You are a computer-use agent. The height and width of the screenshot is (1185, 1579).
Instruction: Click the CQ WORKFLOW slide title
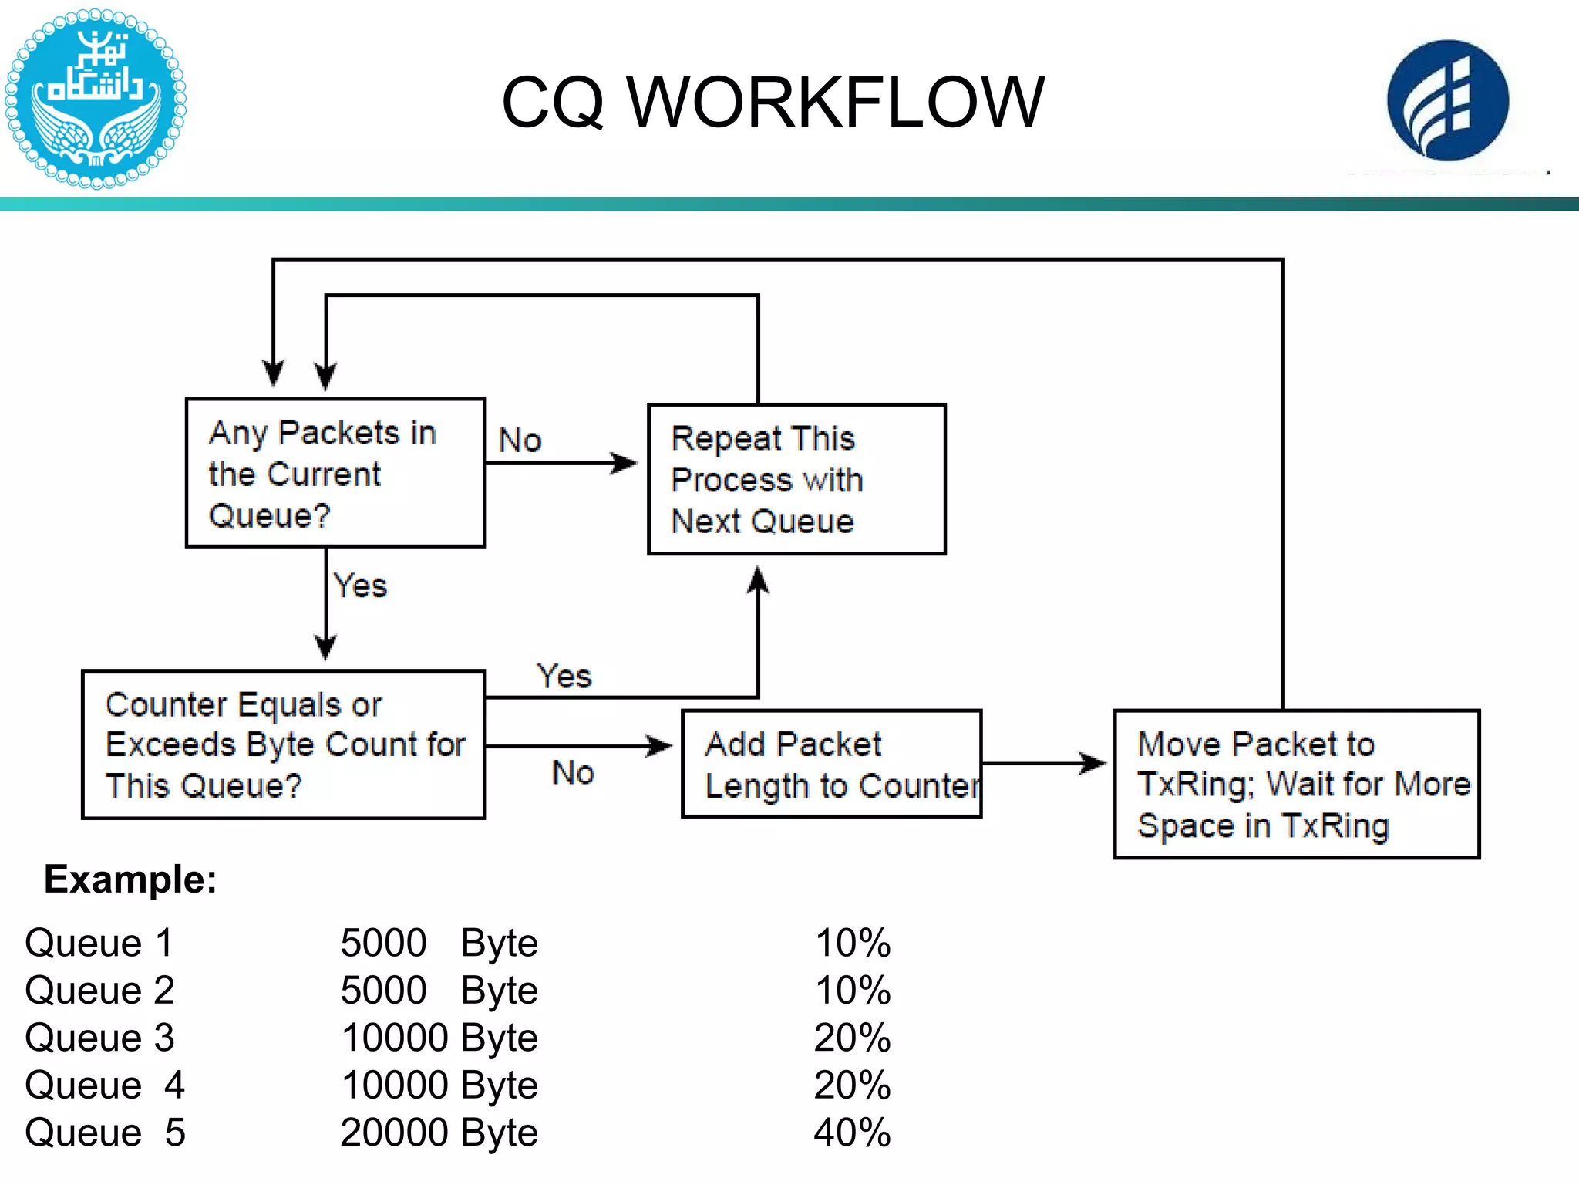tap(773, 102)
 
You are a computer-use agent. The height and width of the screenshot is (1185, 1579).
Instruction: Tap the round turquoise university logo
tap(95, 99)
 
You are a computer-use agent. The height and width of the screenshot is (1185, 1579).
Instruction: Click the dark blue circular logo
tap(1447, 100)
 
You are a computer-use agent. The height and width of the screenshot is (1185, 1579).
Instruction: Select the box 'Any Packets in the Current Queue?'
tap(335, 473)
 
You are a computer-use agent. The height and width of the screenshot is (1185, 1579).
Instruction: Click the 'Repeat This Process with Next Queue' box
tap(796, 479)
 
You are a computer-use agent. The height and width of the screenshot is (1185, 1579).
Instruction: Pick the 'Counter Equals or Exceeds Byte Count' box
tap(284, 744)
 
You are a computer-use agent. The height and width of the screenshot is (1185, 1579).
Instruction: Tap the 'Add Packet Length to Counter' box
tap(831, 764)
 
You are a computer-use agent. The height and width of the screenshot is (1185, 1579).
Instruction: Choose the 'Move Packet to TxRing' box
tap(1297, 784)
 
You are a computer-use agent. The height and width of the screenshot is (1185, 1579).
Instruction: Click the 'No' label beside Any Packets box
tap(520, 441)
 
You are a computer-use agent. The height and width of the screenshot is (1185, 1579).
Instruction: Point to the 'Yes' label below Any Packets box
tap(360, 586)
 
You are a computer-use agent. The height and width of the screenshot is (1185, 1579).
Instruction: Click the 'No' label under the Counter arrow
tap(574, 772)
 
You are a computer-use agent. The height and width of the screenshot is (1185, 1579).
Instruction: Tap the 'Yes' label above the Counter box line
tap(564, 677)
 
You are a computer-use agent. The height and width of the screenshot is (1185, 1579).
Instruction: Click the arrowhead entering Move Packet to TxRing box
tap(1094, 764)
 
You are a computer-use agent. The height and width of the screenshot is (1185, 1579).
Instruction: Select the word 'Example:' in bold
tap(130, 879)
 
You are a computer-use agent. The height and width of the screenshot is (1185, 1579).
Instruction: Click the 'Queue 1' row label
tap(99, 943)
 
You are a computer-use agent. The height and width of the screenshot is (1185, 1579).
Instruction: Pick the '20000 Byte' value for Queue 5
tap(439, 1133)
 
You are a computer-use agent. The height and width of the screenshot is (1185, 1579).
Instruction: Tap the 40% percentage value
tap(852, 1133)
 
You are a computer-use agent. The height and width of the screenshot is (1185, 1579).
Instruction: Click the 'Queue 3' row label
tap(99, 1038)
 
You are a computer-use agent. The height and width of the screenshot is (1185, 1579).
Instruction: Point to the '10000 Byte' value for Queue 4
tap(439, 1085)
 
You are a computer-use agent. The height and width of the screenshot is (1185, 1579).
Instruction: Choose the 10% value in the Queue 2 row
tap(852, 991)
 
